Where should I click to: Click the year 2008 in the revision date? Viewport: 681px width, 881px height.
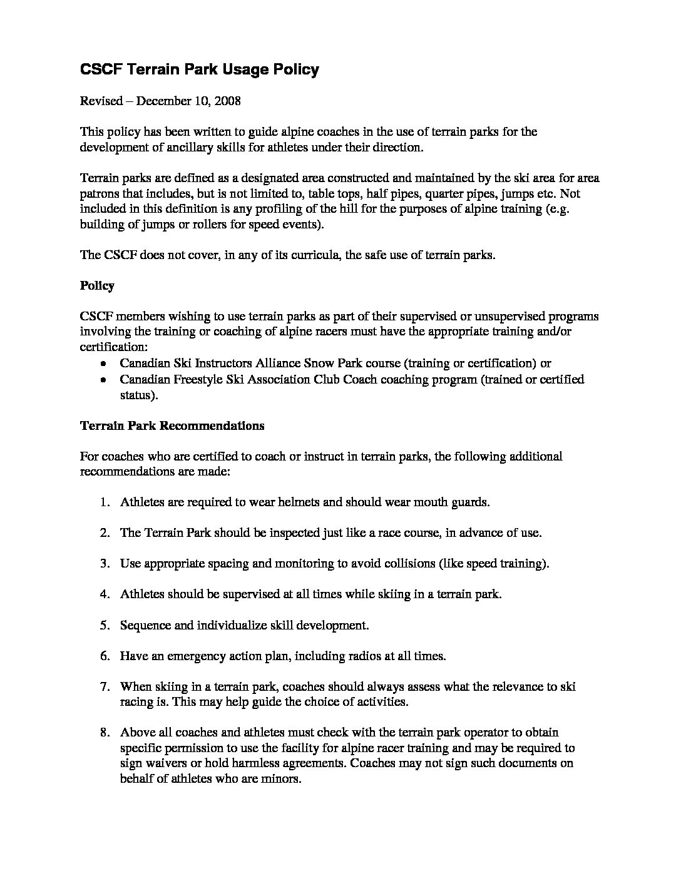tap(227, 101)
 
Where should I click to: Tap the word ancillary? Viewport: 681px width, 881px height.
tap(204, 147)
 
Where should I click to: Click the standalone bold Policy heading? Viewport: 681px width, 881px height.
tap(97, 286)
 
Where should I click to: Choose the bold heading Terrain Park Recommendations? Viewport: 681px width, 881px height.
tap(172, 426)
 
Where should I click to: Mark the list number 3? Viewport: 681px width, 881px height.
tap(105, 564)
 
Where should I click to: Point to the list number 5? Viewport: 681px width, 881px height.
tap(105, 625)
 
